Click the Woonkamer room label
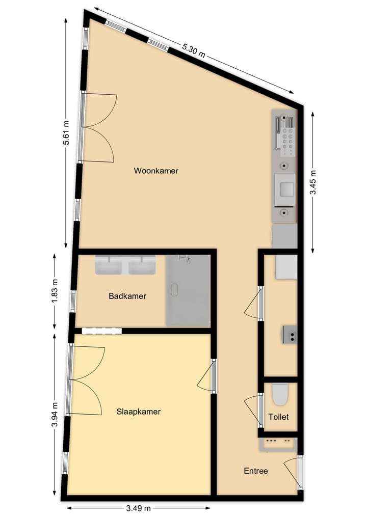156,171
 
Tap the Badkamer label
127,296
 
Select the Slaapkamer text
139,412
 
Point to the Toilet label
279,417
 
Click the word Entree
256,471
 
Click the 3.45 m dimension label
313,182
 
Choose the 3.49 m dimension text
138,508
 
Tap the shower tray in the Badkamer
188,291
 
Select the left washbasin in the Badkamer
109,265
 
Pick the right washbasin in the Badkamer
141,265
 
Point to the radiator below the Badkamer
102,331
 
